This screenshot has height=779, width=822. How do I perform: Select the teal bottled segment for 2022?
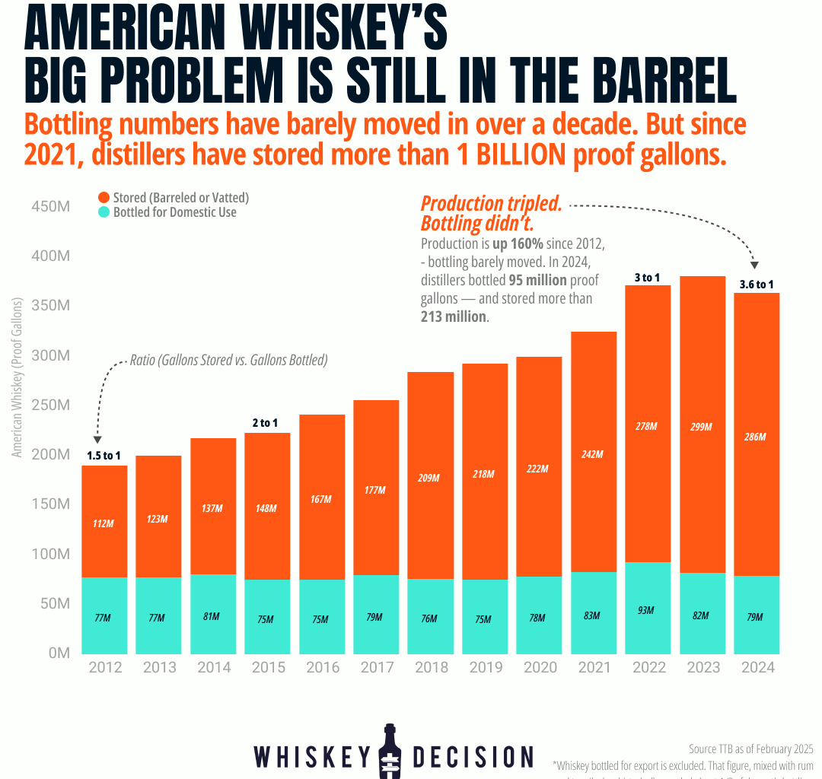click(x=648, y=608)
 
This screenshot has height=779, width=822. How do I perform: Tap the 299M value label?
click(x=701, y=427)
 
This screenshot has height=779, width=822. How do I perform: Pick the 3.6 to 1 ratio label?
click(x=756, y=285)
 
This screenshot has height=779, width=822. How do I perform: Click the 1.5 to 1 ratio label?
click(x=103, y=456)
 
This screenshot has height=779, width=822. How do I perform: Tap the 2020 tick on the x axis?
click(x=540, y=667)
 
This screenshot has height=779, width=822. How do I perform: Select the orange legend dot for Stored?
click(x=104, y=198)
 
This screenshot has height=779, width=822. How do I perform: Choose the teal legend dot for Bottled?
click(x=104, y=212)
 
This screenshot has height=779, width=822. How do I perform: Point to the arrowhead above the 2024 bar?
click(x=754, y=264)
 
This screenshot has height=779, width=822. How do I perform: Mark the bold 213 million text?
click(x=454, y=316)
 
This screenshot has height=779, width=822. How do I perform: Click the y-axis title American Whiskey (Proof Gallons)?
click(x=18, y=378)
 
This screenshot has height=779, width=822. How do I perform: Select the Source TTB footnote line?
click(x=750, y=747)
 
